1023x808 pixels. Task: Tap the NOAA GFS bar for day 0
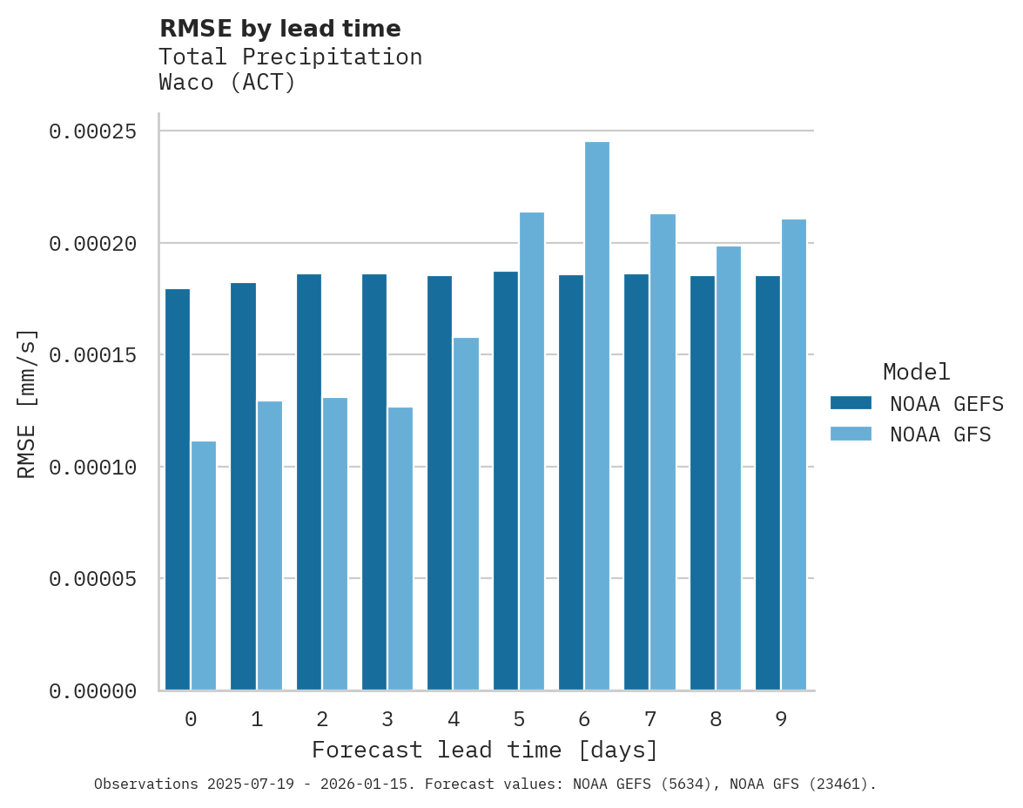(204, 566)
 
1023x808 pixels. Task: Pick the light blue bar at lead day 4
(466, 514)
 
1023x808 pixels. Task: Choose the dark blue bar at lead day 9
(768, 483)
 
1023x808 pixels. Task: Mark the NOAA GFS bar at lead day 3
(400, 549)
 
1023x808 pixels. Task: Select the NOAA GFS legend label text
(940, 434)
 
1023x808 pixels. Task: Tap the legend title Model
(916, 372)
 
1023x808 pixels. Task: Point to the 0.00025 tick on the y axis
(93, 131)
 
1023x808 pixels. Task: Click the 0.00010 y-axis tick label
(93, 468)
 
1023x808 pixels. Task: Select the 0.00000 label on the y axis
(93, 691)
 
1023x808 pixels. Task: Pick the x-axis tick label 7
(649, 719)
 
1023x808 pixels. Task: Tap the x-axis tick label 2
(322, 719)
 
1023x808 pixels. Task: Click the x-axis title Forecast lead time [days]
(485, 750)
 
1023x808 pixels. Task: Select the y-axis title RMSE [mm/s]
(27, 403)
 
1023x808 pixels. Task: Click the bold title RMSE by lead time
(280, 29)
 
